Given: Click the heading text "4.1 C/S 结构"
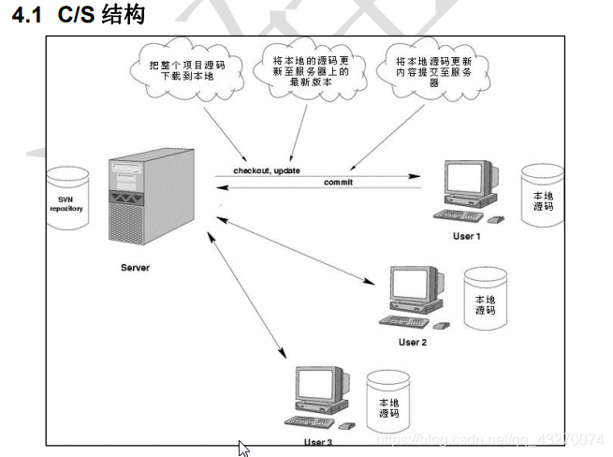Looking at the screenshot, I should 79,16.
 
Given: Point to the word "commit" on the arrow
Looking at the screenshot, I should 338,182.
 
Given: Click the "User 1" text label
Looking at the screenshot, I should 466,236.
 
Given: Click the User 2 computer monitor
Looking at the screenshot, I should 412,288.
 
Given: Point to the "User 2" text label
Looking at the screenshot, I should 412,343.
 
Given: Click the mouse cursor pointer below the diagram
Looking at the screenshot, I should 244,448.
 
